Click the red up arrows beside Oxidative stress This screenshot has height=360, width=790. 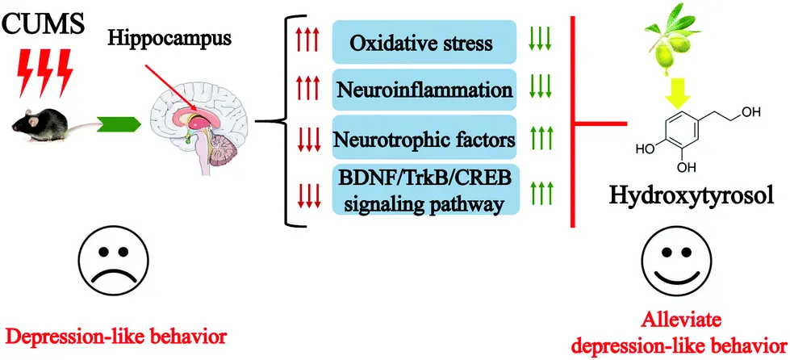pyautogui.click(x=307, y=40)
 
